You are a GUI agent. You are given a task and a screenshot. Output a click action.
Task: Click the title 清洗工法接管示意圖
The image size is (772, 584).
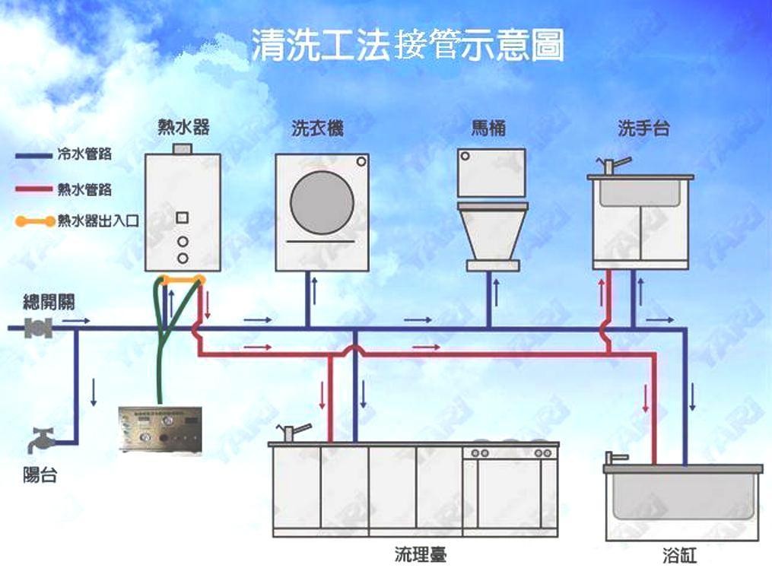(408, 46)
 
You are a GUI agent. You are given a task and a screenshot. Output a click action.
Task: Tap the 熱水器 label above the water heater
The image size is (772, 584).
(183, 127)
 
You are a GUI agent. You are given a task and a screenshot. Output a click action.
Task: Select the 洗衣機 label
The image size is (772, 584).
(317, 129)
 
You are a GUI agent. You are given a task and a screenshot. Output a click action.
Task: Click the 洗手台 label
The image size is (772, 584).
(643, 129)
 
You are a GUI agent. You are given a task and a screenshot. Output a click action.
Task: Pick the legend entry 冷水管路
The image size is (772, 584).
(84, 154)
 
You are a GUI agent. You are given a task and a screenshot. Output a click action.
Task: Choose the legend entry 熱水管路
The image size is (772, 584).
(84, 189)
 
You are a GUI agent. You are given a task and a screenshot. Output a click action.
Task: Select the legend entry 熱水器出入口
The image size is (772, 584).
(95, 221)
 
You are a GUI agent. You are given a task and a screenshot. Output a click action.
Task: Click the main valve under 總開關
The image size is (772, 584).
(39, 328)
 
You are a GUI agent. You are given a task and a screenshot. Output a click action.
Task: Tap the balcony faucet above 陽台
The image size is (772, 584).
(43, 441)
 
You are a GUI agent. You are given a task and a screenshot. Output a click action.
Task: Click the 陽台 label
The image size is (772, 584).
(40, 477)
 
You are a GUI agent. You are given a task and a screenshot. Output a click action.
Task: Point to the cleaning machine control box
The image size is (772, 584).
(160, 429)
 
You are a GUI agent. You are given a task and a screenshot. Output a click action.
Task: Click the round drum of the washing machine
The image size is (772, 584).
(322, 202)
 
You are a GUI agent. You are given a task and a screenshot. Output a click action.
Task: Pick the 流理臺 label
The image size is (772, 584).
(420, 554)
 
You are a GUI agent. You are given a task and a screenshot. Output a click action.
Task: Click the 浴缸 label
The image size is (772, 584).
(679, 557)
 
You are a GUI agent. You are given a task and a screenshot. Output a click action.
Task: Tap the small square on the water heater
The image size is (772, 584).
(183, 217)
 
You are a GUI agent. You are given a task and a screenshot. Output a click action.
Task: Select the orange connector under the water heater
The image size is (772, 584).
(183, 280)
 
